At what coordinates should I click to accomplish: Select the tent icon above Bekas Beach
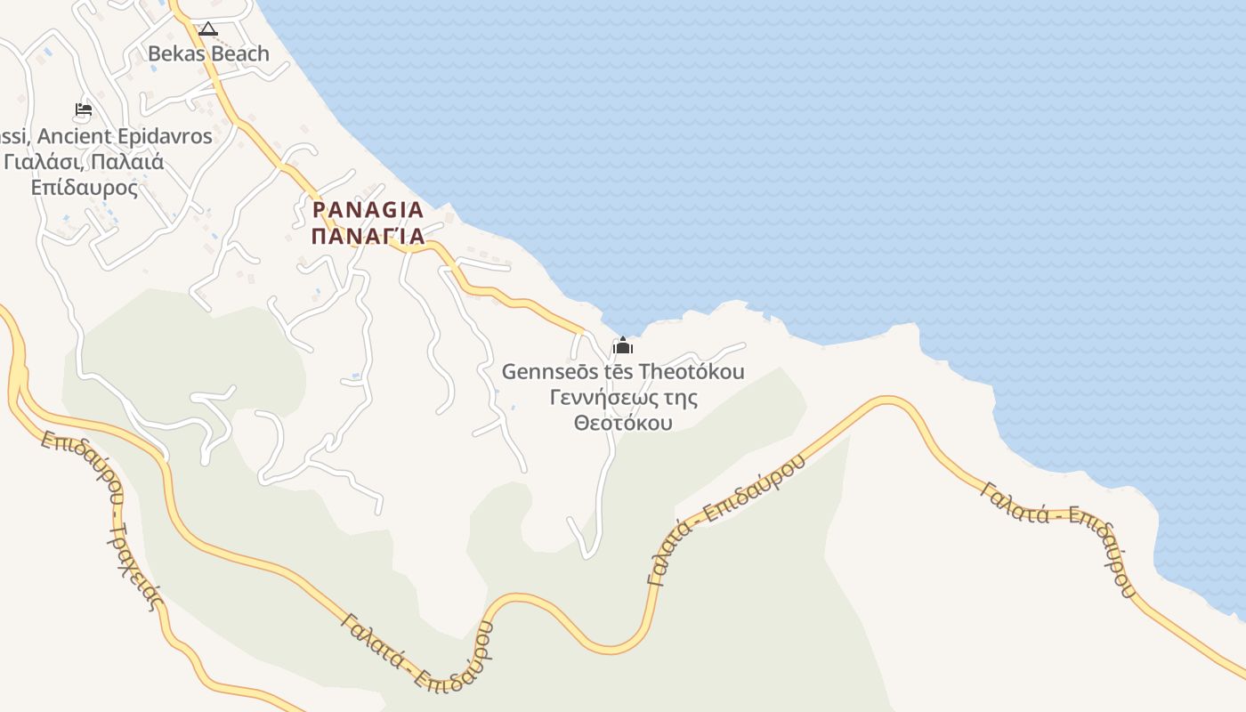pyautogui.click(x=207, y=29)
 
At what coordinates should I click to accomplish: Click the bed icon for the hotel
pyautogui.click(x=83, y=110)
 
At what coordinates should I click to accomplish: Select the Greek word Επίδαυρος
pyautogui.click(x=85, y=188)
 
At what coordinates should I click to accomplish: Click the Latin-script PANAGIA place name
pyautogui.click(x=368, y=210)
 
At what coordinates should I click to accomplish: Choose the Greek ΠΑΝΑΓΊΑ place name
pyautogui.click(x=368, y=237)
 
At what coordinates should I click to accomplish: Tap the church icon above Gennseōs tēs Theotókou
pyautogui.click(x=622, y=346)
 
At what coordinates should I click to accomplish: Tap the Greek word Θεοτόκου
pyautogui.click(x=622, y=422)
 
